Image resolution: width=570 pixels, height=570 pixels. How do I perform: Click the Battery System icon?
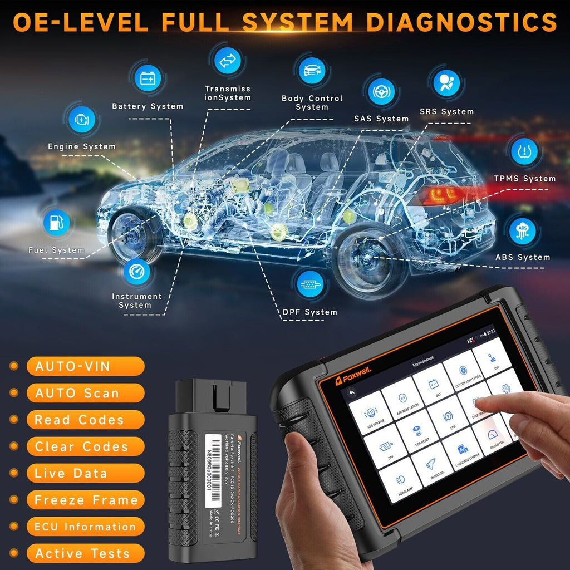[x=148, y=79]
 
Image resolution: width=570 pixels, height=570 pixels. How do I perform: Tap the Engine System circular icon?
[x=81, y=120]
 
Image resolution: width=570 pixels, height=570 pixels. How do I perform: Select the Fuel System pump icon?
[x=57, y=223]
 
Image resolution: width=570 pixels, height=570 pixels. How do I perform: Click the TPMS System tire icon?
[x=524, y=151]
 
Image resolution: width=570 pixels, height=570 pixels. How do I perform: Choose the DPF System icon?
[x=309, y=284]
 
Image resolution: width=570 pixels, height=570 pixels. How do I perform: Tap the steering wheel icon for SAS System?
[x=381, y=91]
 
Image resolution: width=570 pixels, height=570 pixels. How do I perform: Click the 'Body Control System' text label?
[x=312, y=102]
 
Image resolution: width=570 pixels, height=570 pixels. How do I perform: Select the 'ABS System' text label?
[x=523, y=257]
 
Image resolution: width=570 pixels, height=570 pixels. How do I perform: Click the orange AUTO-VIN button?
[x=85, y=366]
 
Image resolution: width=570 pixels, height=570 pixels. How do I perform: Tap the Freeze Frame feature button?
[x=85, y=500]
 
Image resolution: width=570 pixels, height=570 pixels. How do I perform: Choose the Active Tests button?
[x=85, y=553]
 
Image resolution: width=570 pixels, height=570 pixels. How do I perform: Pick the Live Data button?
[x=85, y=473]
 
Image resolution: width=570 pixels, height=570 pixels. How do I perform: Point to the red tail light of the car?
[x=443, y=195]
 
